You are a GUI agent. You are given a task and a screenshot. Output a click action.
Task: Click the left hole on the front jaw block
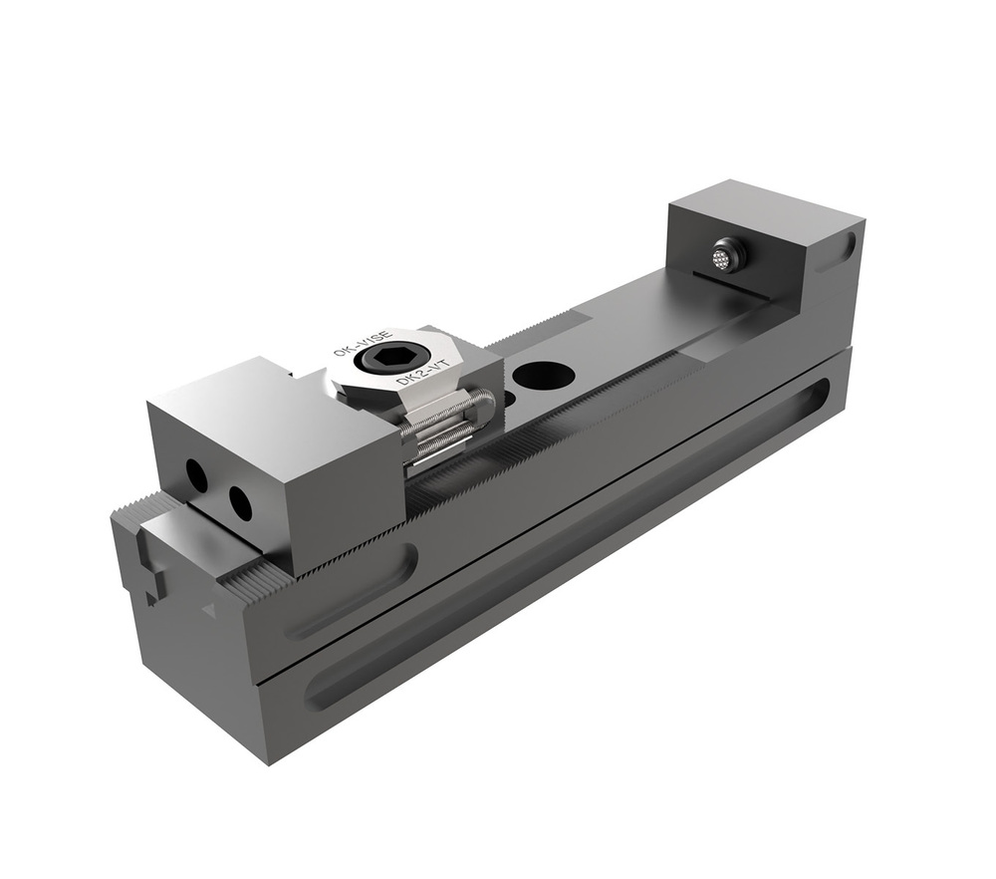click(197, 478)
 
